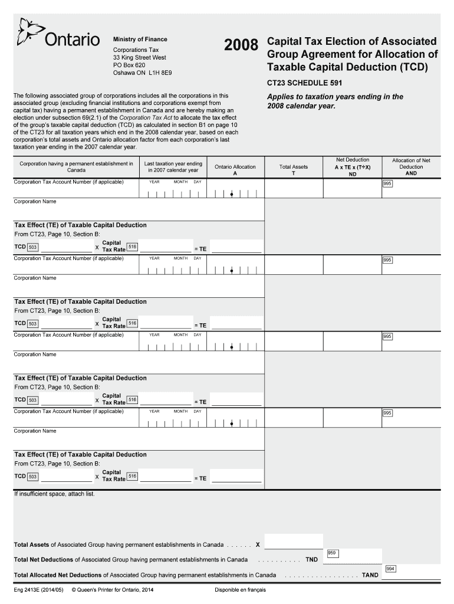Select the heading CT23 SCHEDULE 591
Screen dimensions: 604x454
click(x=304, y=83)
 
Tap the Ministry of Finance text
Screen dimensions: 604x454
click(x=140, y=40)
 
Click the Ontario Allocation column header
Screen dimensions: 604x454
click(x=235, y=170)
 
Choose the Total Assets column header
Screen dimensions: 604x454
click(x=293, y=170)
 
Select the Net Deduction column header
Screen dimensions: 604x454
click(x=353, y=167)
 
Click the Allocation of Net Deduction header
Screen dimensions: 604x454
click(x=411, y=166)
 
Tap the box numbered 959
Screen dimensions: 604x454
click(x=332, y=553)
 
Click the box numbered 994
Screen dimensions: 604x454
click(x=390, y=569)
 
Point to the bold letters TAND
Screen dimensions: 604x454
click(x=370, y=575)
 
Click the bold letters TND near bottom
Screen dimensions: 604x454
click(x=312, y=559)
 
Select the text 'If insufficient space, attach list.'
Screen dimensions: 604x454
click(x=54, y=494)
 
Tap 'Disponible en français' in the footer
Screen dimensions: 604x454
click(x=241, y=590)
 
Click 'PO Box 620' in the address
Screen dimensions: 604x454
click(x=129, y=65)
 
